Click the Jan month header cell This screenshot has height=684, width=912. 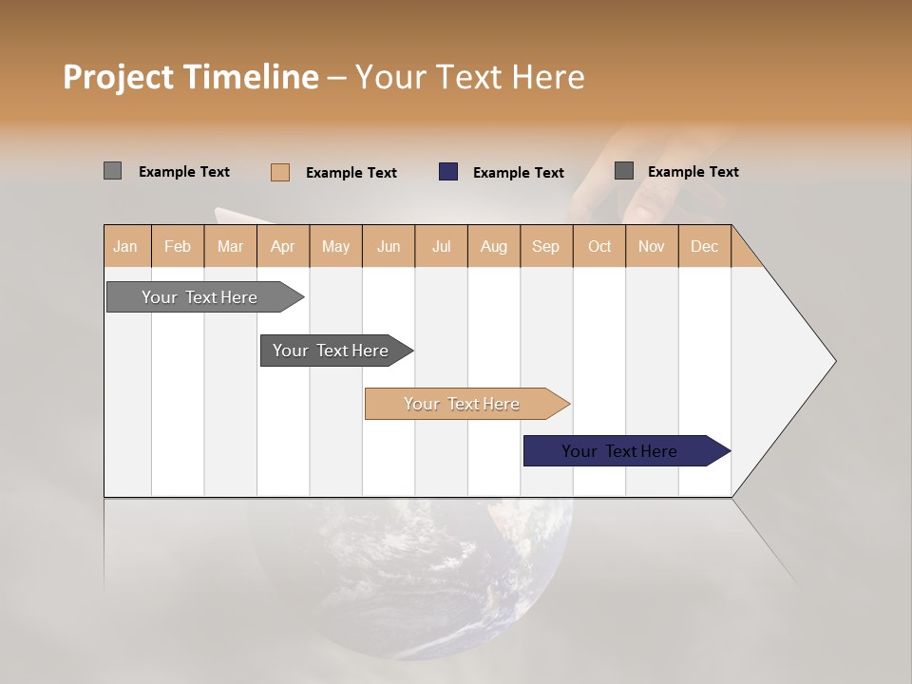[x=126, y=246]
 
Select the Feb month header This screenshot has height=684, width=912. [x=178, y=246]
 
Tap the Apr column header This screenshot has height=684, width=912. [x=283, y=246]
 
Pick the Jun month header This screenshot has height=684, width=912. [x=389, y=246]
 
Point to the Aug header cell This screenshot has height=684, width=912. [x=494, y=246]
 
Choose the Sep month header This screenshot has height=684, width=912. [x=546, y=246]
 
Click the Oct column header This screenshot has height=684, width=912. [x=599, y=246]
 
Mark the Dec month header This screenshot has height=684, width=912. [x=705, y=246]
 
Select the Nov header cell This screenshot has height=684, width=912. [x=652, y=246]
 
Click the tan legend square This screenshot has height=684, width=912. [x=280, y=172]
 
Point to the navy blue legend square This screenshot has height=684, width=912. [x=448, y=172]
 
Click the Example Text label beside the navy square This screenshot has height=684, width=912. [x=519, y=173]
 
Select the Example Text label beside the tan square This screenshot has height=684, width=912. [x=351, y=173]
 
